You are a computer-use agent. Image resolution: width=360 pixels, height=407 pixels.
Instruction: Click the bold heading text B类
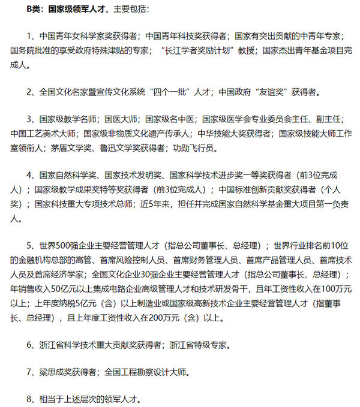point(34,10)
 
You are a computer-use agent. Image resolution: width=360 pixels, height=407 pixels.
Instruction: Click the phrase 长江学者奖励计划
point(203,52)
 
